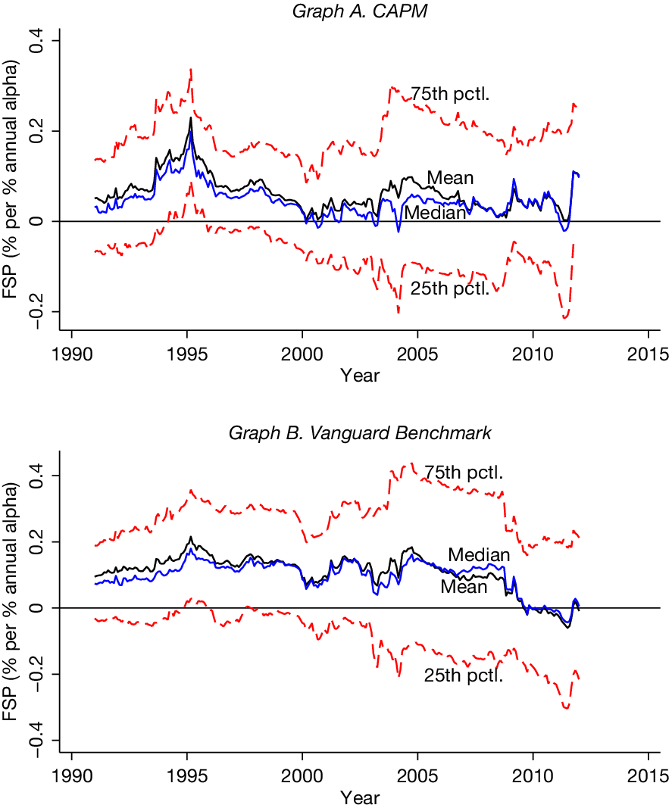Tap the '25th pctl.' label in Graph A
coord(449,289)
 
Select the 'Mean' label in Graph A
coord(450,178)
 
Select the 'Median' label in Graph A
coord(434,213)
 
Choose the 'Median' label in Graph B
coord(479,555)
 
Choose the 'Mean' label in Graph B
coord(464,586)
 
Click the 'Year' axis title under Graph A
coord(360,375)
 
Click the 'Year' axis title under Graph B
coord(360,797)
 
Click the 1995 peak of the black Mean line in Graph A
coord(191,118)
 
